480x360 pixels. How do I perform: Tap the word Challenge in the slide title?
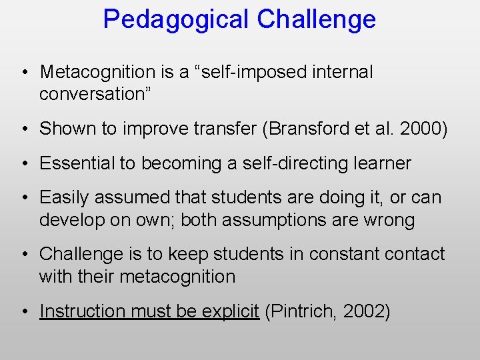[317, 19]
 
